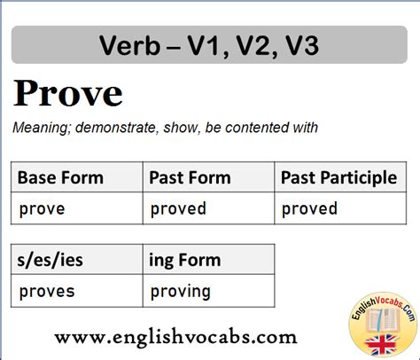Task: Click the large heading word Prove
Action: [x=68, y=93]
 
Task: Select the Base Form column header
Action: [x=77, y=177]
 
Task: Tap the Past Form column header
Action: [x=208, y=177]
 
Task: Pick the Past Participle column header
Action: [x=340, y=177]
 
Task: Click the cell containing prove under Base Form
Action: [x=77, y=208]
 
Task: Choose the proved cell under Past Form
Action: [x=208, y=208]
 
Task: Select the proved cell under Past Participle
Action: [x=340, y=208]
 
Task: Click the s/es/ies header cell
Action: [x=77, y=259]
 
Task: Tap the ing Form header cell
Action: [x=208, y=259]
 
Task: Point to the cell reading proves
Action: [x=77, y=291]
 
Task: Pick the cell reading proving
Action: [x=208, y=291]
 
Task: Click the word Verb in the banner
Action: [x=129, y=45]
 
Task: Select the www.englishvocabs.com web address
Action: [x=175, y=337]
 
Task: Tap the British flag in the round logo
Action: [x=381, y=345]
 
